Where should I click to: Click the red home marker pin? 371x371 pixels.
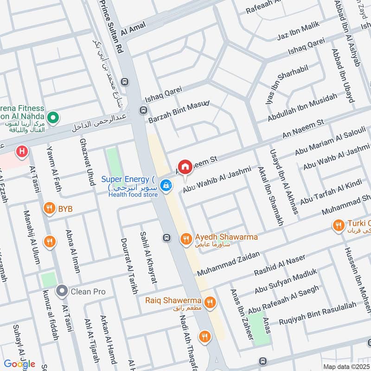185,167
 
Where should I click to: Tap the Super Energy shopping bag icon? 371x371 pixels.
165,185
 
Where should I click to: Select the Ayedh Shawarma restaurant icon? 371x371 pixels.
185,238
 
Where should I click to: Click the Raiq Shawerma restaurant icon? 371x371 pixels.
210,302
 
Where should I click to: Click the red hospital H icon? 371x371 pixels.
21,151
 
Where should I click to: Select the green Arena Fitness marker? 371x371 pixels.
53,117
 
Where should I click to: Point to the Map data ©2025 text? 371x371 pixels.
346,366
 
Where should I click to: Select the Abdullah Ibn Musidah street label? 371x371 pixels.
302,108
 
